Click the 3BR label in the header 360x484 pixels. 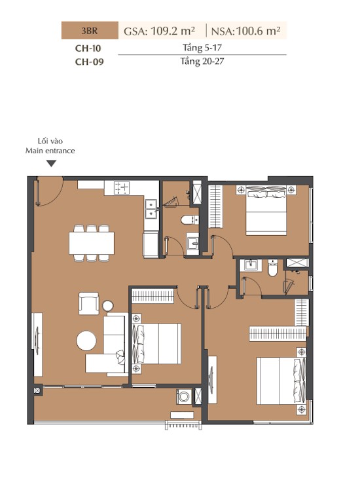click(90, 31)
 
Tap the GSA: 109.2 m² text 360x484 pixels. click(159, 31)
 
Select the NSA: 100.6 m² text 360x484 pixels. click(246, 31)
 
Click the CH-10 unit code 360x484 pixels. click(88, 48)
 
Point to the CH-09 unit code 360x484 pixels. click(89, 62)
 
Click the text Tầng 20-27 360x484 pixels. click(202, 62)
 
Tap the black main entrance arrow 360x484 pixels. click(52, 164)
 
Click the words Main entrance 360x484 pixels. click(50, 151)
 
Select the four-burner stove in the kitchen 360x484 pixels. click(122, 188)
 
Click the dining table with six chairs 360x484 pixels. click(92, 243)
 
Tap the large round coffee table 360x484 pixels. click(86, 341)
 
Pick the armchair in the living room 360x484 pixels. click(89, 303)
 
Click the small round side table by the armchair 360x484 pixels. click(107, 306)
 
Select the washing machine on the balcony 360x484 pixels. click(184, 397)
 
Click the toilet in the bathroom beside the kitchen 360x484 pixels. click(189, 220)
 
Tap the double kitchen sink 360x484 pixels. click(151, 209)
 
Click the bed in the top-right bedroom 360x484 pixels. click(266, 210)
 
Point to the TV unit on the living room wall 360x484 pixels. click(37, 344)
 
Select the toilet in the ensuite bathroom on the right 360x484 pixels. click(273, 268)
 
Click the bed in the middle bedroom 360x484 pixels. click(156, 344)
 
